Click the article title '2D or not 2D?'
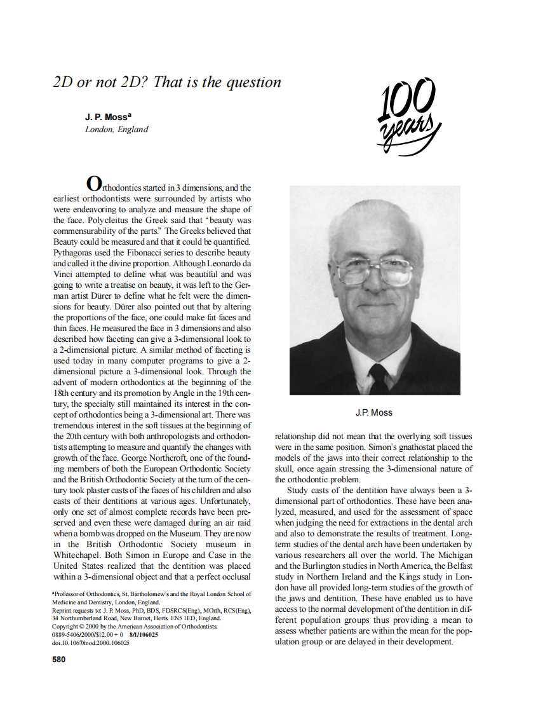click(x=167, y=82)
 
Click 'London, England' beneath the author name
click(x=117, y=130)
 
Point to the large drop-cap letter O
click(x=93, y=184)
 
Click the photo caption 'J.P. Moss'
click(x=374, y=412)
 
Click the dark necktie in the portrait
click(x=380, y=379)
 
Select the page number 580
click(x=58, y=660)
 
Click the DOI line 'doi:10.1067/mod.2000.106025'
click(x=91, y=642)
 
